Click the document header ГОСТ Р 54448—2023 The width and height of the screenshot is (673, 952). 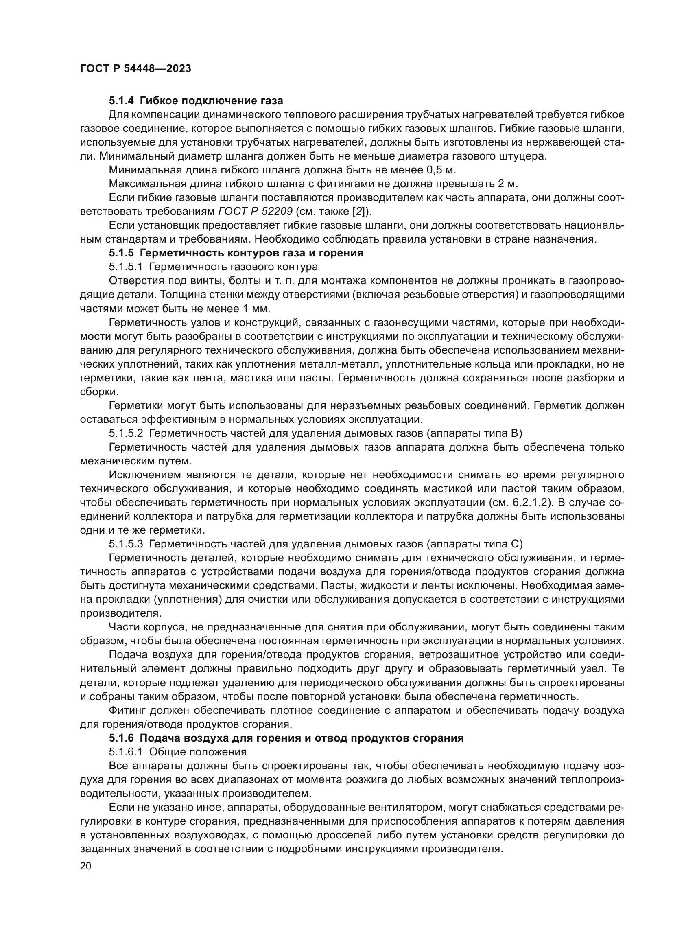135,69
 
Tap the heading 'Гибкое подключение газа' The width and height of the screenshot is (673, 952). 211,101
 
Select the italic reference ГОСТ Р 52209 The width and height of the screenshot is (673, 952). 256,212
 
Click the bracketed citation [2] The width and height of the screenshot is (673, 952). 358,212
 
